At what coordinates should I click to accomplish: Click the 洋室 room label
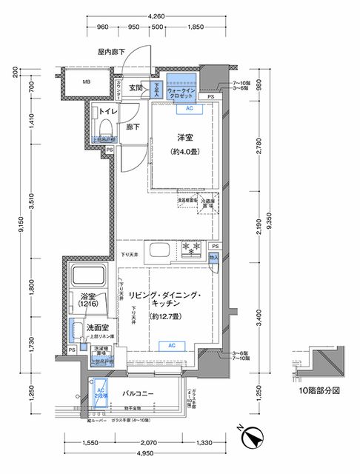click(185, 138)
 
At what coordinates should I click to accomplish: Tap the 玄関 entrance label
click(136, 88)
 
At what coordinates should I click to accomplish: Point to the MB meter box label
click(87, 82)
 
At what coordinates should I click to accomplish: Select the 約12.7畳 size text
click(165, 316)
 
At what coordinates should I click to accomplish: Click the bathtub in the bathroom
click(90, 278)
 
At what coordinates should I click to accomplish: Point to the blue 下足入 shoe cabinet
click(156, 90)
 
